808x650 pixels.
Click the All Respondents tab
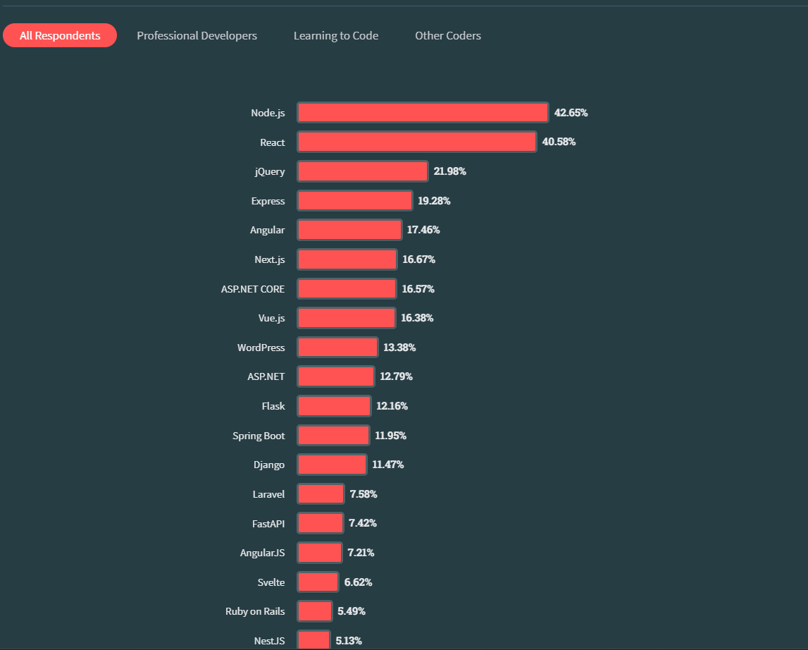60,35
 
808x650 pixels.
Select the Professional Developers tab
197,35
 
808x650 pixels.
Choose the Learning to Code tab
336,35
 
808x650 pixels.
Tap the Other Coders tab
448,35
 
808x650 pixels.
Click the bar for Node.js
423,113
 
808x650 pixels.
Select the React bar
416,142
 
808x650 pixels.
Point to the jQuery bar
362,171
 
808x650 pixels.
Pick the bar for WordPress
337,348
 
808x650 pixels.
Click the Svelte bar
318,582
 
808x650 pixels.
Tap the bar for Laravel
321,494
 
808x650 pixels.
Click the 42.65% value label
571,113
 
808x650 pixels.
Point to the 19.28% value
434,201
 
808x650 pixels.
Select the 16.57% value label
418,289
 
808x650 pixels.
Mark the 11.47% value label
388,465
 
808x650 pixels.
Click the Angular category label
268,230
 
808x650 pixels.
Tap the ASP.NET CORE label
253,289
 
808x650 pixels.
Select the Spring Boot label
259,436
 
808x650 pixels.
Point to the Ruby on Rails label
255,611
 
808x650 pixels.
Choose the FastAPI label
268,524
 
